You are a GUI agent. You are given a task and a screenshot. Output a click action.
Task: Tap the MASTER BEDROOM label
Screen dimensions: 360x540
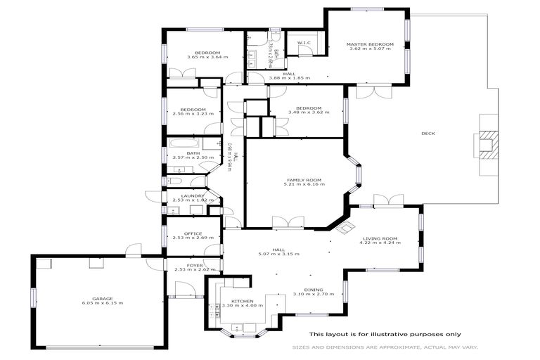tap(370, 44)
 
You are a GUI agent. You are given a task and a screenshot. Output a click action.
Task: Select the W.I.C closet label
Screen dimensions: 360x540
tap(304, 43)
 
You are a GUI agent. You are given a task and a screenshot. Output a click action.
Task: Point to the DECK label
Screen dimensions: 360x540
tap(427, 134)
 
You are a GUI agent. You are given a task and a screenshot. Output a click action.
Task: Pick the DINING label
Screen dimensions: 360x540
tap(314, 289)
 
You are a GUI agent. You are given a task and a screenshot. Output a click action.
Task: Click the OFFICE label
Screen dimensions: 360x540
tap(193, 233)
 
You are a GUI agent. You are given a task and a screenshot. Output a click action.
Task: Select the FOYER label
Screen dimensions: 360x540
tap(195, 265)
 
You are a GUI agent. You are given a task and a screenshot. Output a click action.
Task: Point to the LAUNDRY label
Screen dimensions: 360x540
tap(192, 196)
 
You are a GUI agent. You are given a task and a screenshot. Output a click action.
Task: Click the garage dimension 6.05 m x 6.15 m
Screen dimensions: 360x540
tap(103, 303)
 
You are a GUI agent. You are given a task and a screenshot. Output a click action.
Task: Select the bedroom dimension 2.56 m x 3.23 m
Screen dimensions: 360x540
tap(193, 115)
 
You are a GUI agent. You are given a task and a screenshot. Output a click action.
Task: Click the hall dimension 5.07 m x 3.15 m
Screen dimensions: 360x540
tap(279, 254)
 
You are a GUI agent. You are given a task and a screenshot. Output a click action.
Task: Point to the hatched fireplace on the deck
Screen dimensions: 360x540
tap(487, 143)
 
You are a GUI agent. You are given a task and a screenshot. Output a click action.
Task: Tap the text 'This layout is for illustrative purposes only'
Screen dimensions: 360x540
tap(385, 334)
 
